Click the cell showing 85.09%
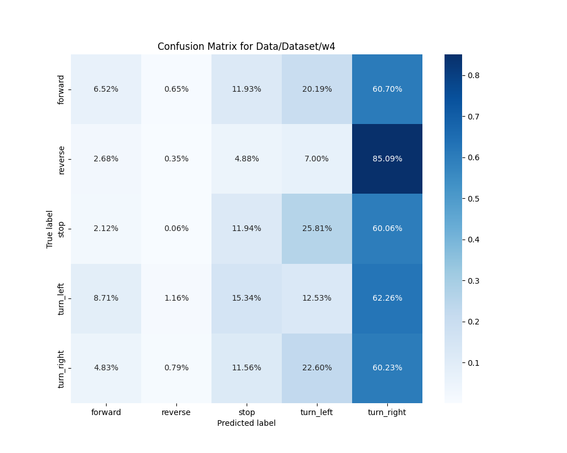pos(387,159)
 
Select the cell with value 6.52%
pos(106,89)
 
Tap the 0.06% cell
pos(176,228)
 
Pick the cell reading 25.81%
pos(317,228)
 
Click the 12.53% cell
pos(317,298)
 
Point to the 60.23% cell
pos(387,367)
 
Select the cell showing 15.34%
pos(247,298)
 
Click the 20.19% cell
pos(317,89)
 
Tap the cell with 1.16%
pos(176,298)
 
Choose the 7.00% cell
pos(317,159)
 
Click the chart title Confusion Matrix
pos(246,46)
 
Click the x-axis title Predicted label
pos(246,423)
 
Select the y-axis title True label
pos(50,229)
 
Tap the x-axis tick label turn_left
pos(317,412)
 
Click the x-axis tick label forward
pos(106,412)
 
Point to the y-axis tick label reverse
pos(61,159)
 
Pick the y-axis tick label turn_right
pos(61,368)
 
